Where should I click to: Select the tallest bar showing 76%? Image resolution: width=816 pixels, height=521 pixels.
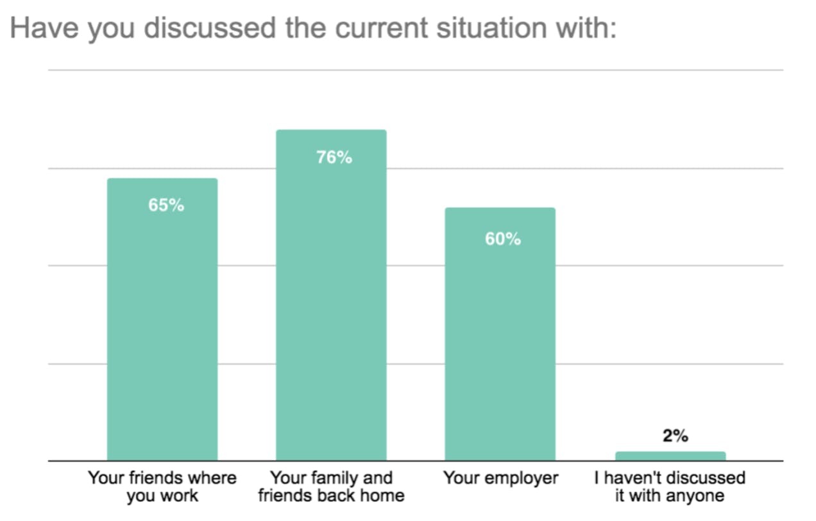pos(331,295)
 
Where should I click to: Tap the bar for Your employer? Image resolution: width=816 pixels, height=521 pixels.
pos(500,334)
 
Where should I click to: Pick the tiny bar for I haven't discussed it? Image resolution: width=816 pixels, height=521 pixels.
pos(670,456)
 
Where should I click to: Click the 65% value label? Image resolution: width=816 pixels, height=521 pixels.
pos(166,205)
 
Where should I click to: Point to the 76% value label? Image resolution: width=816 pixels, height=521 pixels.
pos(334,157)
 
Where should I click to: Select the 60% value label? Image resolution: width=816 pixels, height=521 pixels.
pos(503,239)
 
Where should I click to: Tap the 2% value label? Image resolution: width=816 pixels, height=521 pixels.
pos(675,436)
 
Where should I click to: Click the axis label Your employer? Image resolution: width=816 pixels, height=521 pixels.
pos(500,479)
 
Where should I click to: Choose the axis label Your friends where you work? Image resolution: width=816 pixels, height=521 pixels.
pos(162,487)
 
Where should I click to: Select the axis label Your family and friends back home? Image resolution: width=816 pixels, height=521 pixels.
pos(331,487)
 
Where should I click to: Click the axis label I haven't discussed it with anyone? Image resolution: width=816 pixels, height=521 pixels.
pos(670,487)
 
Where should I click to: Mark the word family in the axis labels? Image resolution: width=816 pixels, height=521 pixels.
pos(334,479)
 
